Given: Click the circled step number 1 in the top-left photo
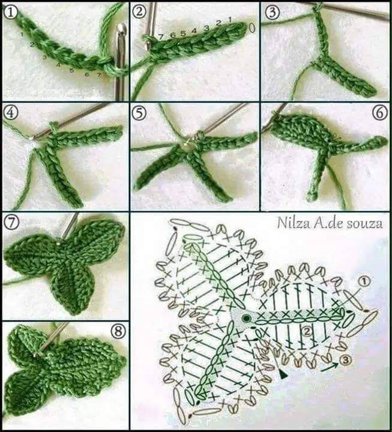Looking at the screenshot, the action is tap(10, 13).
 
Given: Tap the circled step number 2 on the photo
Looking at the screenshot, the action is tap(139, 12).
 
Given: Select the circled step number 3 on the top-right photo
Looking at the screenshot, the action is tap(273, 12).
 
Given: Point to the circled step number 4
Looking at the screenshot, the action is tap(10, 113).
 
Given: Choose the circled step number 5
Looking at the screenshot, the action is tap(139, 113).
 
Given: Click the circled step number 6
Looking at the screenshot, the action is tap(380, 113).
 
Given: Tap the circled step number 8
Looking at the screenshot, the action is tap(118, 331).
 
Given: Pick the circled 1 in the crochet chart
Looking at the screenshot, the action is tap(364, 282).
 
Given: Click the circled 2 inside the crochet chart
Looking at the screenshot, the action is tap(307, 332).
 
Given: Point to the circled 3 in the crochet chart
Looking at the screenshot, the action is tap(346, 360).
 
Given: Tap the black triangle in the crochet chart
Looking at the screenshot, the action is tap(283, 374).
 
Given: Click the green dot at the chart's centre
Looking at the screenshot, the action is tap(246, 318).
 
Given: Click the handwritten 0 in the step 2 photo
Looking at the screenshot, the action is tap(252, 28).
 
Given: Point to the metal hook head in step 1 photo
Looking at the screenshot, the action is tap(121, 32).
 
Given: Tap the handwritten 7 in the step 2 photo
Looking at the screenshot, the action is tap(161, 37).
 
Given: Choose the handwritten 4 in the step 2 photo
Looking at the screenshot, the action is tap(194, 31).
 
